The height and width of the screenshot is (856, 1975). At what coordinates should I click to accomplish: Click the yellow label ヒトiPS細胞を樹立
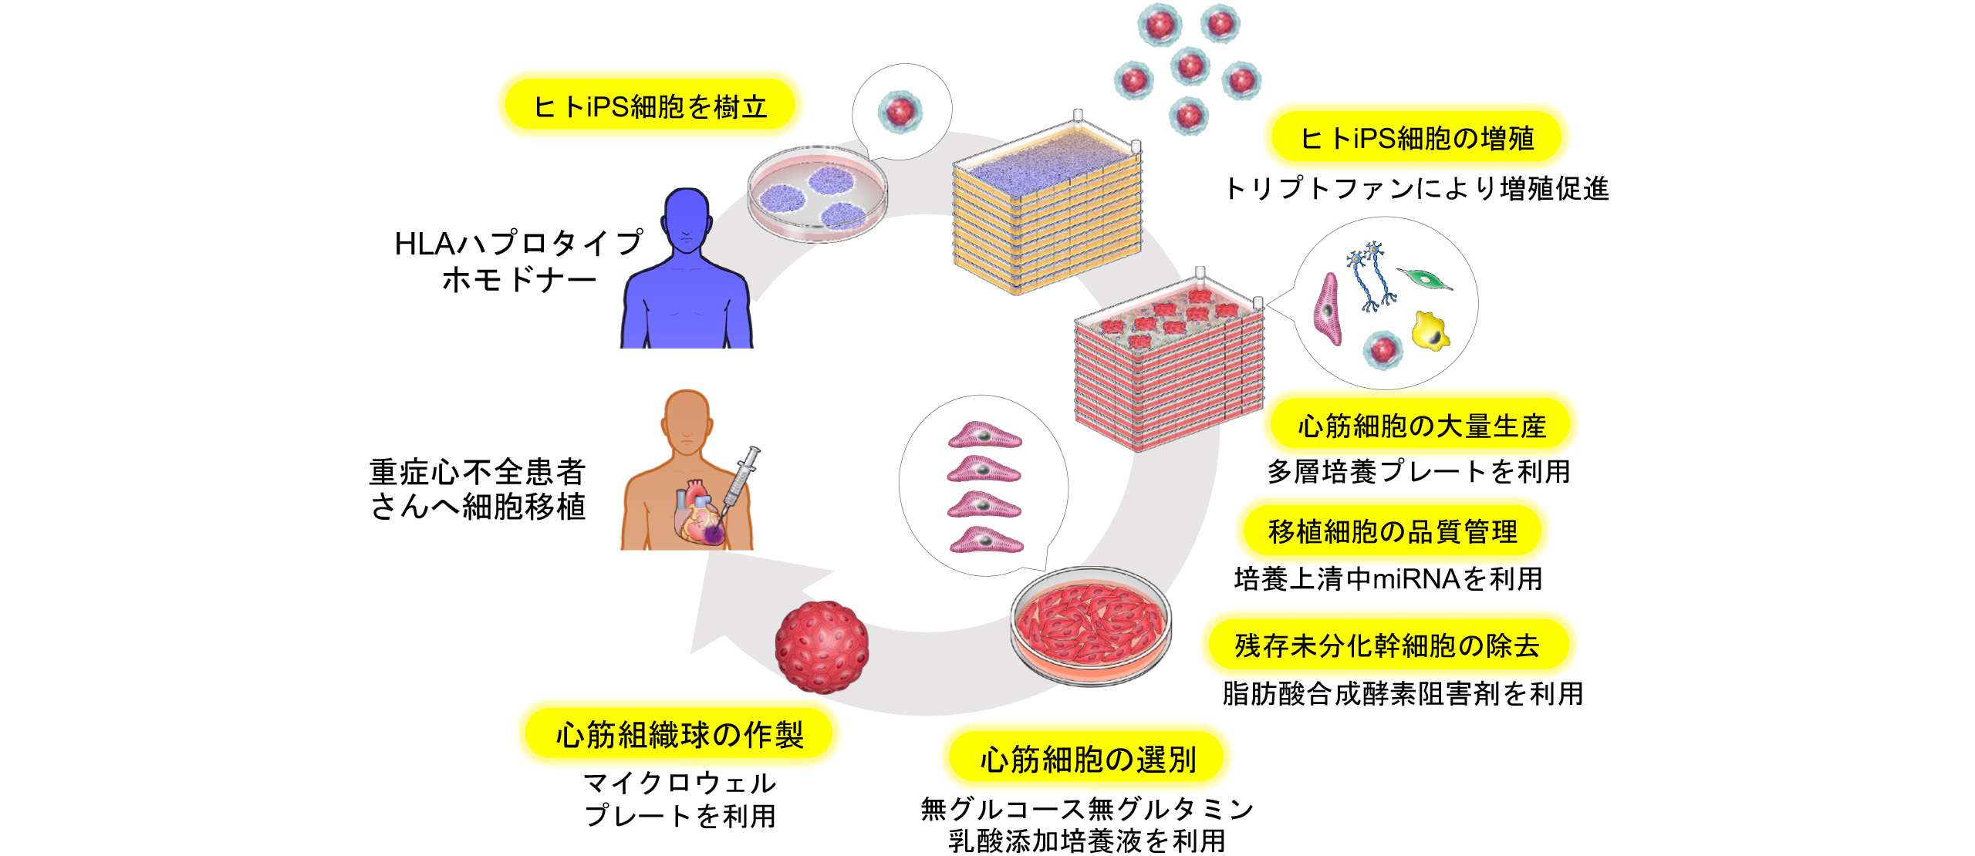[650, 106]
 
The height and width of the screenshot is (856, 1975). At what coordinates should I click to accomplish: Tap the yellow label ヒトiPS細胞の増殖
[1416, 138]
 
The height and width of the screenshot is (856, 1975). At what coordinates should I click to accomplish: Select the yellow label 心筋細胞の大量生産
[1421, 426]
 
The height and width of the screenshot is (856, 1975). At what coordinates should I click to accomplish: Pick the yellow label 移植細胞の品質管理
[1393, 531]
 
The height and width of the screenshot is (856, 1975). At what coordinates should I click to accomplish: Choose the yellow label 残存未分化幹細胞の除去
[1386, 645]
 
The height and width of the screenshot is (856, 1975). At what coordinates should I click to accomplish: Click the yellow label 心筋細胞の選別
[1087, 760]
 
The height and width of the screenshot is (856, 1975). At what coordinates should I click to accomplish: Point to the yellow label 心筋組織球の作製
[679, 734]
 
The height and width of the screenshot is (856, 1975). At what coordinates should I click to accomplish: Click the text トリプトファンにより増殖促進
[1416, 189]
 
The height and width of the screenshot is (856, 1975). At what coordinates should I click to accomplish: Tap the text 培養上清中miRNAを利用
[1388, 578]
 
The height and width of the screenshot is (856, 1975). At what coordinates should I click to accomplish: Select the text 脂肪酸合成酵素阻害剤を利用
[1403, 693]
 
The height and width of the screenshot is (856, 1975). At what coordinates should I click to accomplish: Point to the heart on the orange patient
[701, 513]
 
